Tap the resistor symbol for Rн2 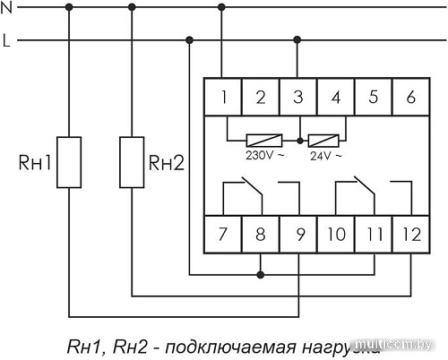pyautogui.click(x=132, y=162)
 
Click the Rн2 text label pyautogui.click(x=166, y=163)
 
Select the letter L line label pyautogui.click(x=6, y=40)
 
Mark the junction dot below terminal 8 pyautogui.click(x=260, y=272)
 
